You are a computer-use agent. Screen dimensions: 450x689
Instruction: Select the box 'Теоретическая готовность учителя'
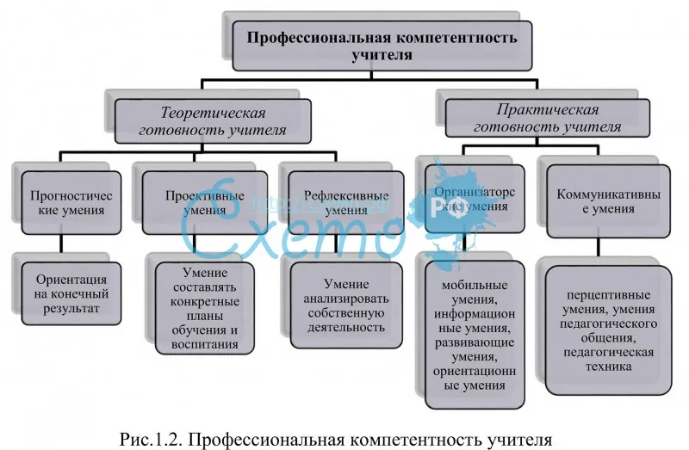coord(213,122)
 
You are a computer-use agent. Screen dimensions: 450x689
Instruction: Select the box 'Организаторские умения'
coord(469,202)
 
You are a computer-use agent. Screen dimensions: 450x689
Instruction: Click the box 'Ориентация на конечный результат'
coord(71,293)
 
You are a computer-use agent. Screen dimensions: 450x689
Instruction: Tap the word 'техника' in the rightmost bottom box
coord(609,366)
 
